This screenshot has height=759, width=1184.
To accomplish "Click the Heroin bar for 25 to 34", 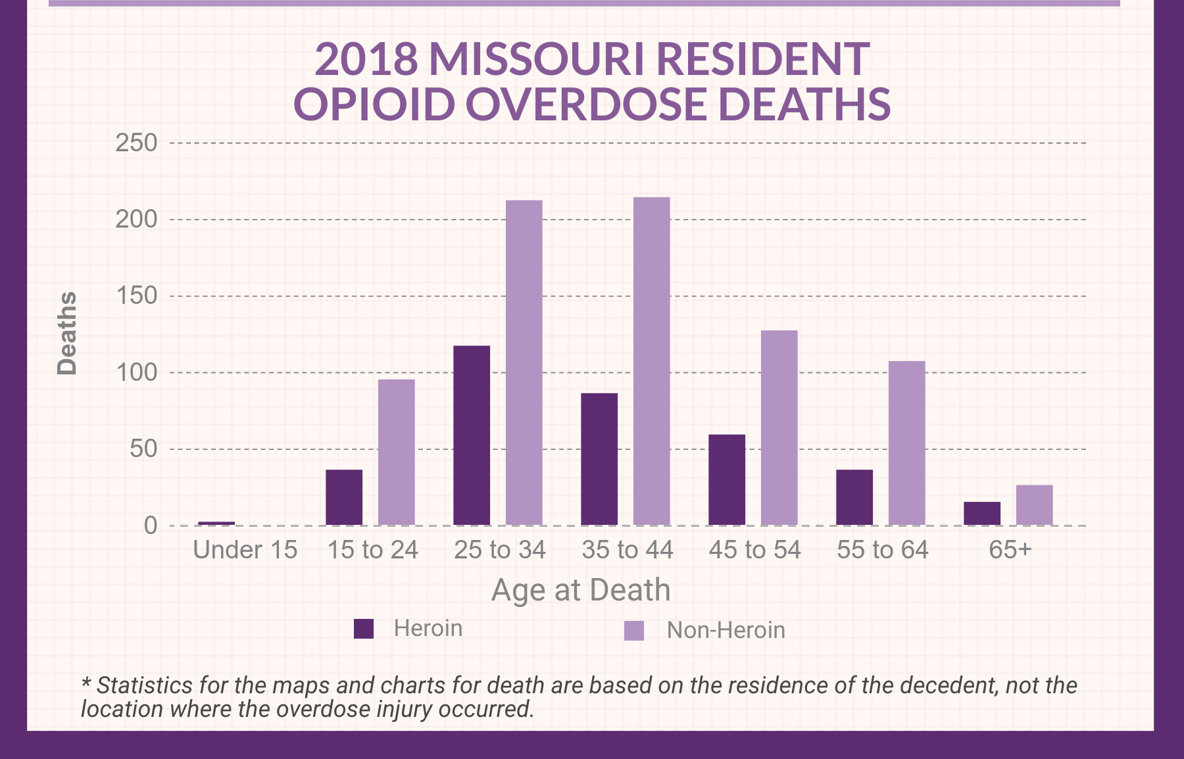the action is [472, 435].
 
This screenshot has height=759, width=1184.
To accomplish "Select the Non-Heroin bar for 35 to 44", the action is [652, 361].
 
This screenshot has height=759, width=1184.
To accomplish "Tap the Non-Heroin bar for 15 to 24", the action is [397, 453].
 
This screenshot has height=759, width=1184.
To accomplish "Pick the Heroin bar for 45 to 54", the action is [727, 480].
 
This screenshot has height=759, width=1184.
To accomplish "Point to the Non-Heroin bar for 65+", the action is [1035, 505].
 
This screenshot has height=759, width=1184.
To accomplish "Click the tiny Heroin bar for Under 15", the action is [216, 524].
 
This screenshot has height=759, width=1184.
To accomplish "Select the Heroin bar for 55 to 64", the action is [854, 497].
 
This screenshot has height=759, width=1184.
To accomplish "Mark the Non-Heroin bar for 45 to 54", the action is [779, 428].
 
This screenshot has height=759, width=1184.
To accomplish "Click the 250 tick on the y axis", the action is [136, 143].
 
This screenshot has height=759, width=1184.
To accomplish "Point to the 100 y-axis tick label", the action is [136, 373].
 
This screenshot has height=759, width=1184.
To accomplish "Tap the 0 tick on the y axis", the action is [151, 526].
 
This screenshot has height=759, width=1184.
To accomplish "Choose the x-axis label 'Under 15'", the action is [245, 550].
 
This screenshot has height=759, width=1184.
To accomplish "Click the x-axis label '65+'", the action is [1010, 550].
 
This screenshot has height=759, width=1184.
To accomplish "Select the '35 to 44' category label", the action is [628, 550].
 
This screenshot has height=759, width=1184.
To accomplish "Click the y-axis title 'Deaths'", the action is [66, 333].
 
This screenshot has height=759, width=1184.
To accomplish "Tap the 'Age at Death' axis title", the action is [581, 590].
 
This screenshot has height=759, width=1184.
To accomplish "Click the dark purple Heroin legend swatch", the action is [364, 629].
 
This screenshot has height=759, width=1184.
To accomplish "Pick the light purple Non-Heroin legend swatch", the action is [634, 631].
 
